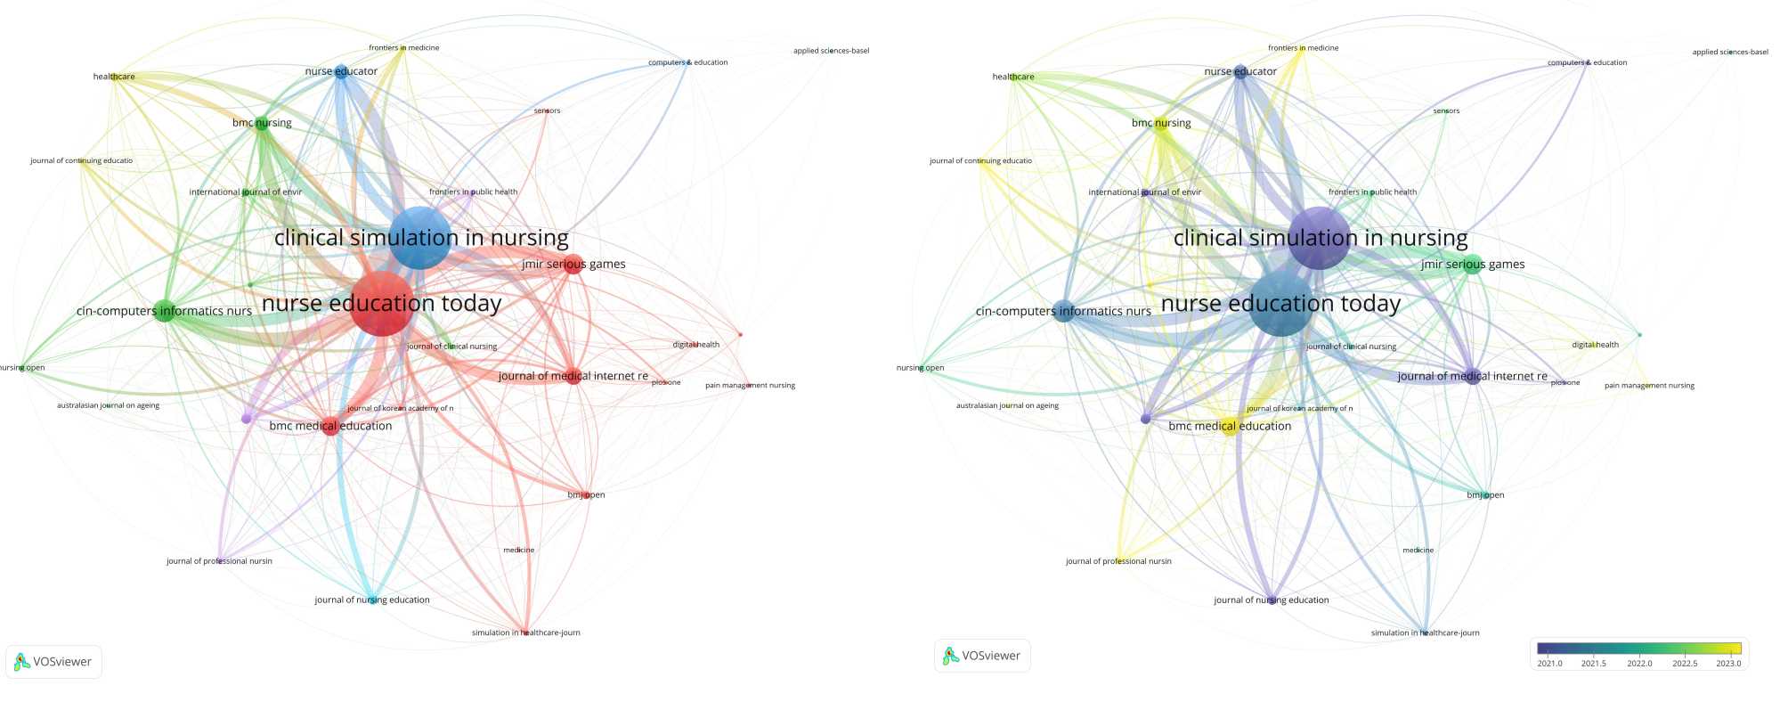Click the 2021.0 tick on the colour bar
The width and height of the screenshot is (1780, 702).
coord(1549,663)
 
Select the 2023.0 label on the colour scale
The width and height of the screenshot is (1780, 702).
coord(1728,663)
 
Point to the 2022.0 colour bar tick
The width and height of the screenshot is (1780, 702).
coord(1639,663)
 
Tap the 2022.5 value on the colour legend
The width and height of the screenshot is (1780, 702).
coord(1685,663)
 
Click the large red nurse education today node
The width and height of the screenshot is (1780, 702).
coord(382,304)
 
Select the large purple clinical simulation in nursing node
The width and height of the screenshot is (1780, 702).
coord(1319,238)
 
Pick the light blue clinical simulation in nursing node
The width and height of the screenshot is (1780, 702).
coord(420,238)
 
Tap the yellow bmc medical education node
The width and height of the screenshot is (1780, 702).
coord(1229,426)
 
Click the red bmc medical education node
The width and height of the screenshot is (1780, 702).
coord(330,426)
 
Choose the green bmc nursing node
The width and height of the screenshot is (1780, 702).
coord(262,124)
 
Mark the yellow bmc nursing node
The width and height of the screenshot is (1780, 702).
coord(1161,124)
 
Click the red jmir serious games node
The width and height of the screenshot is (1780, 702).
coord(574,264)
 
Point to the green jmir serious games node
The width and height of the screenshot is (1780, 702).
coord(1474,264)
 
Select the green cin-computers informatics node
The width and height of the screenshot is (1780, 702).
coord(164,311)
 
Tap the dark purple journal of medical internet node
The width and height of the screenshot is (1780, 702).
coord(1472,376)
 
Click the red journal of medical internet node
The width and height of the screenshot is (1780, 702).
coord(573,376)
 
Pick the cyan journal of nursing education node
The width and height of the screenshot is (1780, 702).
coord(372,600)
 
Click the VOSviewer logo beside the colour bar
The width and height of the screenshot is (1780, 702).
coord(982,656)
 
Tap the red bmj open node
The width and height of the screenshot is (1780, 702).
coord(586,494)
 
